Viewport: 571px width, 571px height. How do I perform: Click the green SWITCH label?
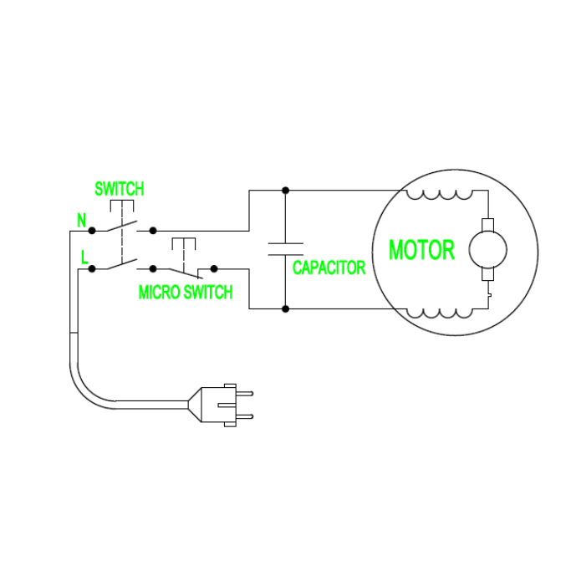click(119, 188)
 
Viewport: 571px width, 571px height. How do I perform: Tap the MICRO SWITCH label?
click(185, 293)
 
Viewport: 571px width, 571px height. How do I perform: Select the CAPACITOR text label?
click(329, 268)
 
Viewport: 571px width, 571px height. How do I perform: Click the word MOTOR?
click(421, 249)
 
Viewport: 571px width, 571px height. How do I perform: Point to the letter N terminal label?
click(82, 221)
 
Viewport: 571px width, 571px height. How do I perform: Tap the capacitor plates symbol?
click(285, 248)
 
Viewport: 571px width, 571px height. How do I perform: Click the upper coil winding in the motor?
click(439, 196)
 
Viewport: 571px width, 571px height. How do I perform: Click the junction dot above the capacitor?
click(285, 190)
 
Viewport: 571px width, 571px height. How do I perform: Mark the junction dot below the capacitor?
click(285, 308)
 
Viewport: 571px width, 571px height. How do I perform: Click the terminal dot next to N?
click(92, 229)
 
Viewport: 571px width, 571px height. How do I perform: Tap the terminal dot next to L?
click(92, 268)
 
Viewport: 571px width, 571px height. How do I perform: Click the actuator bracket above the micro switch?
click(183, 243)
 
